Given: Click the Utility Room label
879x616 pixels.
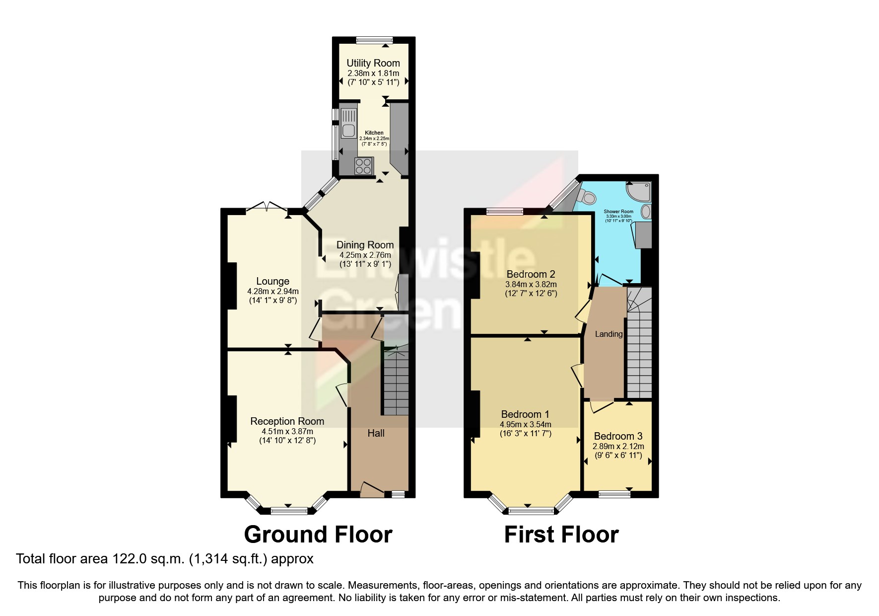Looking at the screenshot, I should click(x=373, y=63).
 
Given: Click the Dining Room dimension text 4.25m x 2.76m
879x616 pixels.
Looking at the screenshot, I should click(x=365, y=255).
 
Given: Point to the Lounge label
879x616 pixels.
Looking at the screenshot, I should click(x=272, y=281).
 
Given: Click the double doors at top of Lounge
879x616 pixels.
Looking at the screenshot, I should click(x=267, y=207).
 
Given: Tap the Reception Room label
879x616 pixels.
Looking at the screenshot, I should click(x=287, y=421).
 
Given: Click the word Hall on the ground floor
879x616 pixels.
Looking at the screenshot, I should click(x=376, y=433).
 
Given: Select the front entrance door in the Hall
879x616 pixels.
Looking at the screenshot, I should click(x=372, y=489).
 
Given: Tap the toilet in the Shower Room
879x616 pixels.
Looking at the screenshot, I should click(x=589, y=198).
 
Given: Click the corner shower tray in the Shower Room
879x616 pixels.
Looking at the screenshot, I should click(x=638, y=191).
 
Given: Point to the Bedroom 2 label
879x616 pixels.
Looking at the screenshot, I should click(x=531, y=274).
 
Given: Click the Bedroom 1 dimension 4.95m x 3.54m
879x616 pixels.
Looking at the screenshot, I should click(x=525, y=425).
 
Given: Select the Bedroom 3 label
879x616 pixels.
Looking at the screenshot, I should click(x=618, y=436).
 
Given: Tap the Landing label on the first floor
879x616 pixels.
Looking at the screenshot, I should click(x=609, y=334).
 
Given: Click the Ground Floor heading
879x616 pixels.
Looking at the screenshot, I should click(x=318, y=535).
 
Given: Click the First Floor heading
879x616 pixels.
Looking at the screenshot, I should click(x=561, y=535).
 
